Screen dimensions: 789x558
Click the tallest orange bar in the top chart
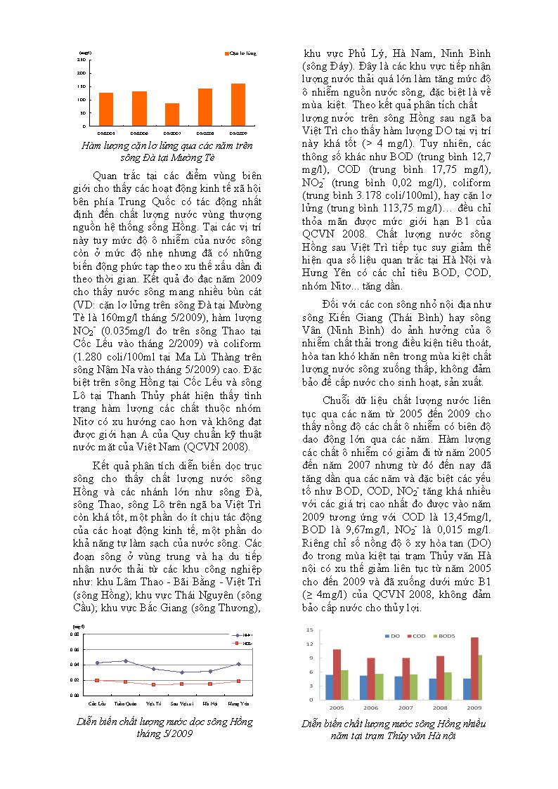238,105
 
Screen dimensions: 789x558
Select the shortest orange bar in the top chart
172,115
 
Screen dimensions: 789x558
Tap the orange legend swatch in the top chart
226,53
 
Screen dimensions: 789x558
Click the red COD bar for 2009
475,668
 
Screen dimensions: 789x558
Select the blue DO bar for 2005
330,686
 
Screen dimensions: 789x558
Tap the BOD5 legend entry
446,636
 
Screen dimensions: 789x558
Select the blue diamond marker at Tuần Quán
125,660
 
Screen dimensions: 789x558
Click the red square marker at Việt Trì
153,684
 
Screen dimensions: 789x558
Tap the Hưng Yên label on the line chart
240,703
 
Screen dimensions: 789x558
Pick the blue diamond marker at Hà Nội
210,671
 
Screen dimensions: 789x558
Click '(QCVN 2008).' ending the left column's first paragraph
219,446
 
